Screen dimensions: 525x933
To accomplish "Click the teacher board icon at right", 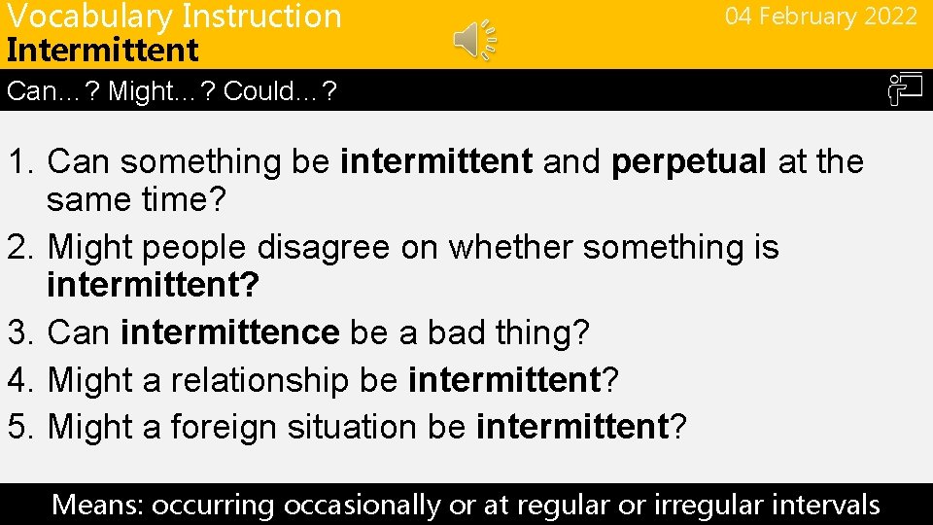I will point(903,91).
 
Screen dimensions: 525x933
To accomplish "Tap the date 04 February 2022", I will point(820,17).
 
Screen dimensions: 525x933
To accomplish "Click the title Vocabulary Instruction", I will point(174,17).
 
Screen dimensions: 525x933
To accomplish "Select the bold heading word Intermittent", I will point(102,50).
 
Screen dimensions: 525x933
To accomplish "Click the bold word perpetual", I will point(689,161).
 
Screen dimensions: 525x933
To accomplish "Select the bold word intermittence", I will point(229,332).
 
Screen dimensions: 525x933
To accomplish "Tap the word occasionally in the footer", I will point(362,505).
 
